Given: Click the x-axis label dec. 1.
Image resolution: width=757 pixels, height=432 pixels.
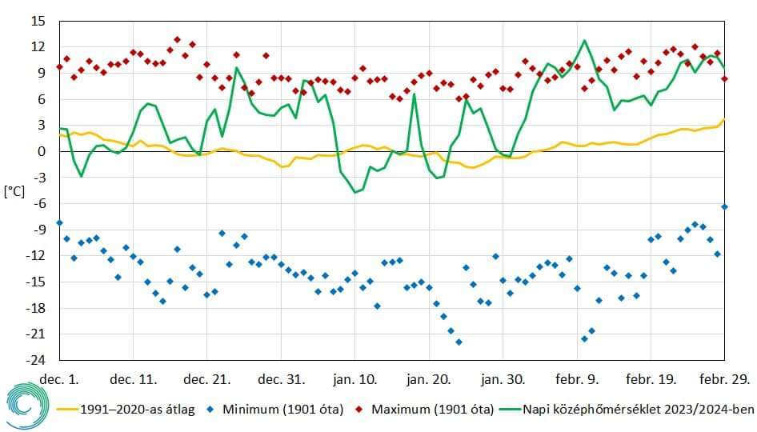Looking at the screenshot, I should pos(60,378).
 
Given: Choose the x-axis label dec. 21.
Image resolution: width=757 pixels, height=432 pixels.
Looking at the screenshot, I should pos(206,378).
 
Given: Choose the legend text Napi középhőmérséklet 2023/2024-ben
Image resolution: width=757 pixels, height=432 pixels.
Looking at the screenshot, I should pos(639,410).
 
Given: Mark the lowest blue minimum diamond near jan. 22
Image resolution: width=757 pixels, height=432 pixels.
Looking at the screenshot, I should pos(459,342).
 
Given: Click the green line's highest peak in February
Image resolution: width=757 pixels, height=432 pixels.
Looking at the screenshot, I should pos(584,40).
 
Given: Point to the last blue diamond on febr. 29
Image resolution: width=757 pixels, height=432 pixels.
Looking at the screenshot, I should pos(724,206).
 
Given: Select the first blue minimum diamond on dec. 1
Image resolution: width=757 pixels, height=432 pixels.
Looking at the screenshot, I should pos(60,222).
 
